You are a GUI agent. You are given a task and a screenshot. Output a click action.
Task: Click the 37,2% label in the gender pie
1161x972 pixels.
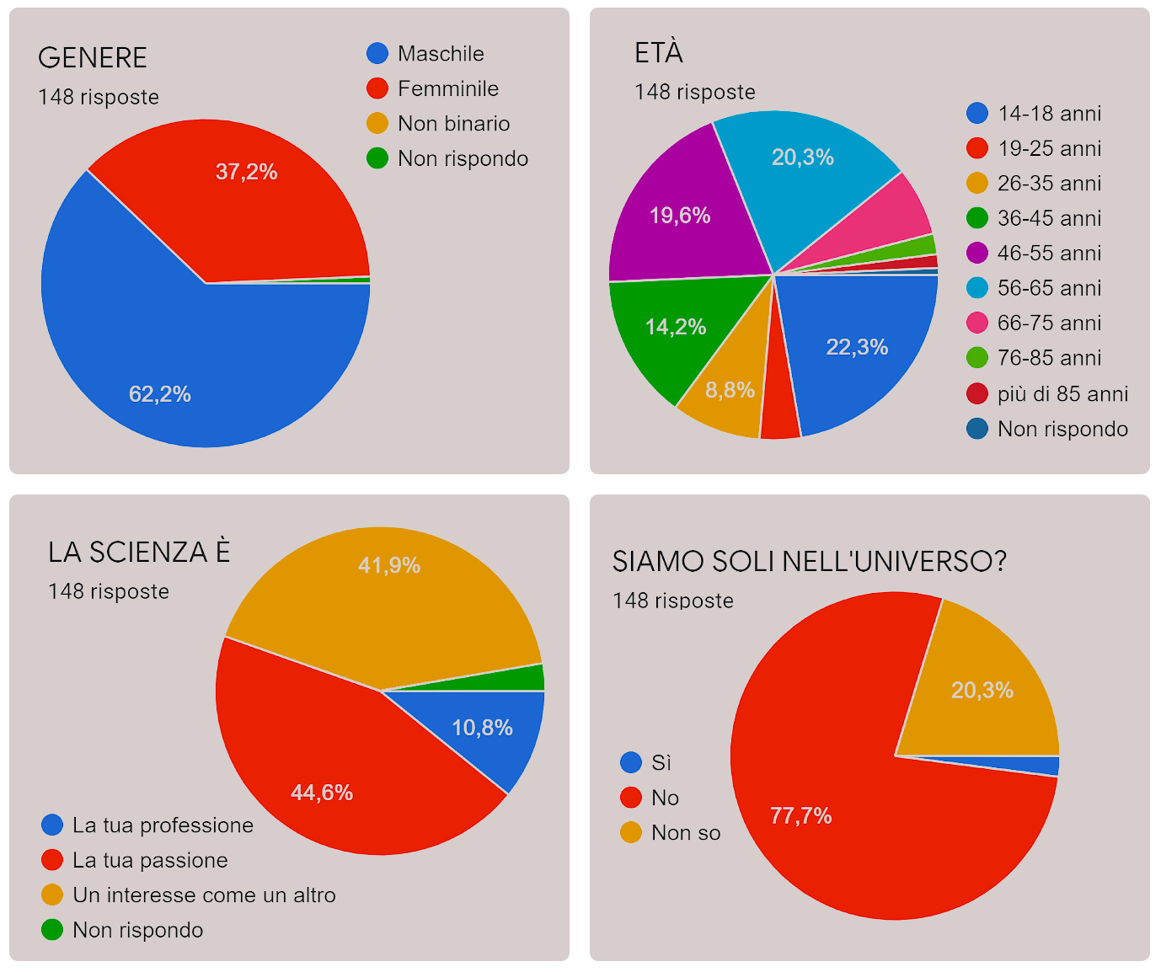(x=246, y=172)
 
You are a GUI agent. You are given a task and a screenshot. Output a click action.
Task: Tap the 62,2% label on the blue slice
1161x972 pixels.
(x=159, y=394)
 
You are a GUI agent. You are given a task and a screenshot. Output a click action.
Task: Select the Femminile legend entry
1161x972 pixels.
(x=447, y=88)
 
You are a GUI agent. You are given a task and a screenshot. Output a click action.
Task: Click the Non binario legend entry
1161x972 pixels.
(x=453, y=124)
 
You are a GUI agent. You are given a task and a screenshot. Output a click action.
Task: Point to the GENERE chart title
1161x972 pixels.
(x=93, y=58)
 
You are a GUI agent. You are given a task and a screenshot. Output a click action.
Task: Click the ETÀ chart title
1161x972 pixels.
(x=658, y=53)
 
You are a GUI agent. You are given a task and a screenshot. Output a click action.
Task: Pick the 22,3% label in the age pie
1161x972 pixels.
(x=857, y=347)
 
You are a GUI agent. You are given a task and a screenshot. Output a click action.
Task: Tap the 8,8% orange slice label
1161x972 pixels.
(x=730, y=390)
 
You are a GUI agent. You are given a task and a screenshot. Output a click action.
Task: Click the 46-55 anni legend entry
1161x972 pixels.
(x=1049, y=254)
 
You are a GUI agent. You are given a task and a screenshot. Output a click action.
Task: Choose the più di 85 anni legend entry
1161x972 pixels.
(x=1062, y=394)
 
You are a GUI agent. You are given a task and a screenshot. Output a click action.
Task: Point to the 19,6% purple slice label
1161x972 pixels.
(x=679, y=216)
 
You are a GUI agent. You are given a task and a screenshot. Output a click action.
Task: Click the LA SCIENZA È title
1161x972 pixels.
(x=139, y=553)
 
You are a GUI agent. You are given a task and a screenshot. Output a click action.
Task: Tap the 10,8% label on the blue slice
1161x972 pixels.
(x=482, y=728)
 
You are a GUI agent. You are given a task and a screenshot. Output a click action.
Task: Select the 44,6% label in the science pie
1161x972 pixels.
(x=321, y=793)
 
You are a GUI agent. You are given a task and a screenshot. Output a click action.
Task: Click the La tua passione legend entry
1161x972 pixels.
(x=150, y=860)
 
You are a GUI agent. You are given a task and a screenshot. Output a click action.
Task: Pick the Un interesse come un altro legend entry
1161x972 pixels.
(x=204, y=895)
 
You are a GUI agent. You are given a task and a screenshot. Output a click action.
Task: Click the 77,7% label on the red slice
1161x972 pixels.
(x=800, y=815)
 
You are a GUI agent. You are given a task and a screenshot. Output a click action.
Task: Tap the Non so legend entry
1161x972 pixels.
(x=685, y=833)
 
